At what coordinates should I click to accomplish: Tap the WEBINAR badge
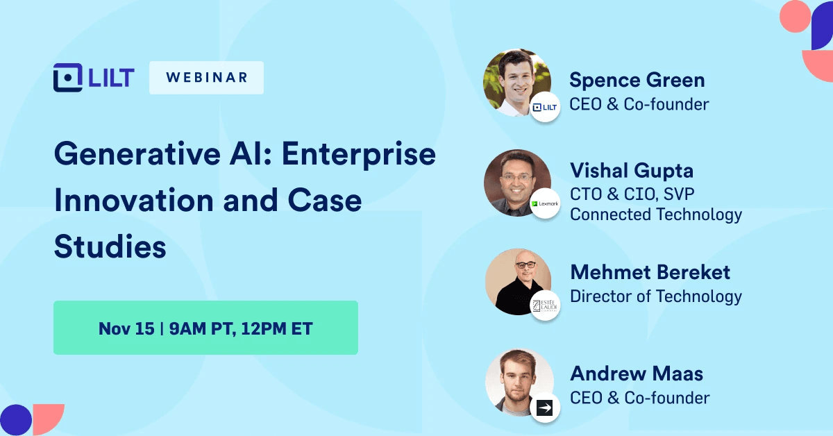206,78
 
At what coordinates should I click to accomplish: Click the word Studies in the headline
110,246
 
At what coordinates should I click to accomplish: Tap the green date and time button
205,328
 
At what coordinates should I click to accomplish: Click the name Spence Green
637,80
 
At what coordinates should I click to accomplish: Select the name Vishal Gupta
631,170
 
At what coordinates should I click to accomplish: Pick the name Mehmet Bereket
650,272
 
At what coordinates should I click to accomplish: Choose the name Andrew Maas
637,374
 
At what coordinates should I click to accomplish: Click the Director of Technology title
655,296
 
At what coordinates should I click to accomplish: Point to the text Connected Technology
655,215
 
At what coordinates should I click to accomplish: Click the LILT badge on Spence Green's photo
545,107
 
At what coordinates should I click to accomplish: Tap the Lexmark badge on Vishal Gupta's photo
545,203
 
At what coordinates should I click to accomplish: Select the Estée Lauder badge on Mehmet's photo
545,305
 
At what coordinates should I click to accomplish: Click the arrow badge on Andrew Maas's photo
545,408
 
